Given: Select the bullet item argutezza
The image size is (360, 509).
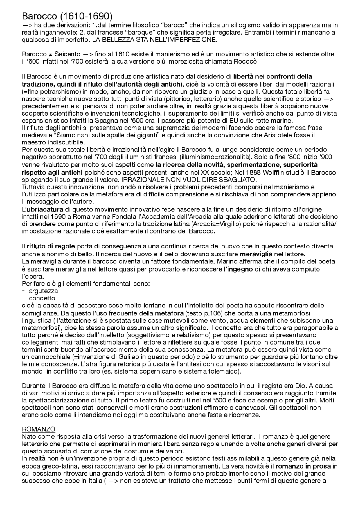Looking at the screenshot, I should point(43,291).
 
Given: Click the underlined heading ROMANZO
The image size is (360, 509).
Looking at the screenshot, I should point(39,429).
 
